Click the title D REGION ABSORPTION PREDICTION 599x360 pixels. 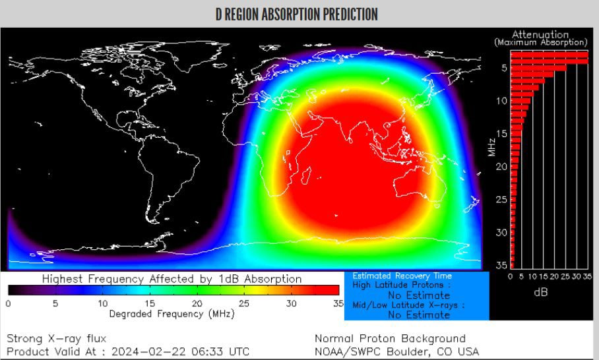(296, 15)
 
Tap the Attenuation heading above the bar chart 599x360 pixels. (540, 35)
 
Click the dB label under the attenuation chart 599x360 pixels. (540, 292)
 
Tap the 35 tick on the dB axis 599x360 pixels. (587, 277)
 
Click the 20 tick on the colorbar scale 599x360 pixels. (197, 303)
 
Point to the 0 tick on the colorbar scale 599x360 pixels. (8, 303)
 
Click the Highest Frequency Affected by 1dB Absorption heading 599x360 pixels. (172, 279)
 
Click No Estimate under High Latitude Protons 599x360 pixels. (418, 295)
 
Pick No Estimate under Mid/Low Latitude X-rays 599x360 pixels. (418, 315)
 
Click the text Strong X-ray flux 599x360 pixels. (56, 338)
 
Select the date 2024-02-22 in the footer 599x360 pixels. (144, 351)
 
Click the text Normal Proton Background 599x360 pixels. (390, 338)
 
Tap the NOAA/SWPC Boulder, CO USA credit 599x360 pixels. (396, 351)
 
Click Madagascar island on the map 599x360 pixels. (304, 175)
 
